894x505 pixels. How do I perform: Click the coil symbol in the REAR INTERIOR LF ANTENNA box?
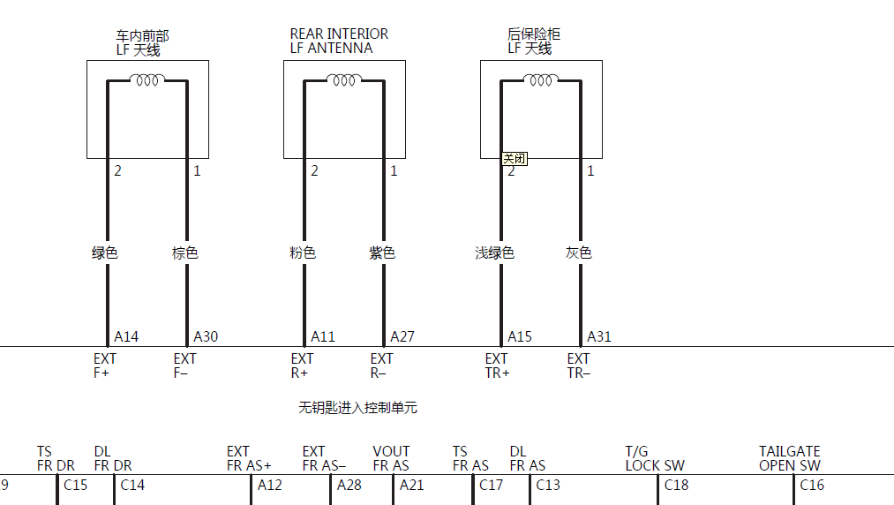click(344, 79)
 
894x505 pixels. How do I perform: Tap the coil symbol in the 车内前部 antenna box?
click(147, 79)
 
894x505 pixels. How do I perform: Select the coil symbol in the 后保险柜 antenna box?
click(540, 79)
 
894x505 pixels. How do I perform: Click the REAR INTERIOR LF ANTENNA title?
click(339, 41)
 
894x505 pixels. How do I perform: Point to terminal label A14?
click(126, 336)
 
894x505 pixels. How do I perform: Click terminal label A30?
click(206, 336)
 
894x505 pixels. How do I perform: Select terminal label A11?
click(323, 336)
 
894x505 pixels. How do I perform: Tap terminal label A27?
click(402, 336)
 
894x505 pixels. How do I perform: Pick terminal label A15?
click(520, 336)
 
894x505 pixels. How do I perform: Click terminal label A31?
click(598, 336)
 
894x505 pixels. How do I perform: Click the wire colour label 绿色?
click(104, 253)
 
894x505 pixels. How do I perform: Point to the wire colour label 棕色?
click(184, 253)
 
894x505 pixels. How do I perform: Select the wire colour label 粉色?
click(302, 253)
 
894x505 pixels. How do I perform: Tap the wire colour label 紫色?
click(382, 253)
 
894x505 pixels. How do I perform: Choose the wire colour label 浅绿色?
click(495, 253)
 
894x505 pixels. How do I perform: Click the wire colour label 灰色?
click(578, 253)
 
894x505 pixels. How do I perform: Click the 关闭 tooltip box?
click(515, 159)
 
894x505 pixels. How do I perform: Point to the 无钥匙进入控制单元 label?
click(357, 407)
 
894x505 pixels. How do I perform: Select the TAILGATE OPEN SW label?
click(790, 459)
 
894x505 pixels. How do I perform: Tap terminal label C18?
click(676, 485)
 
